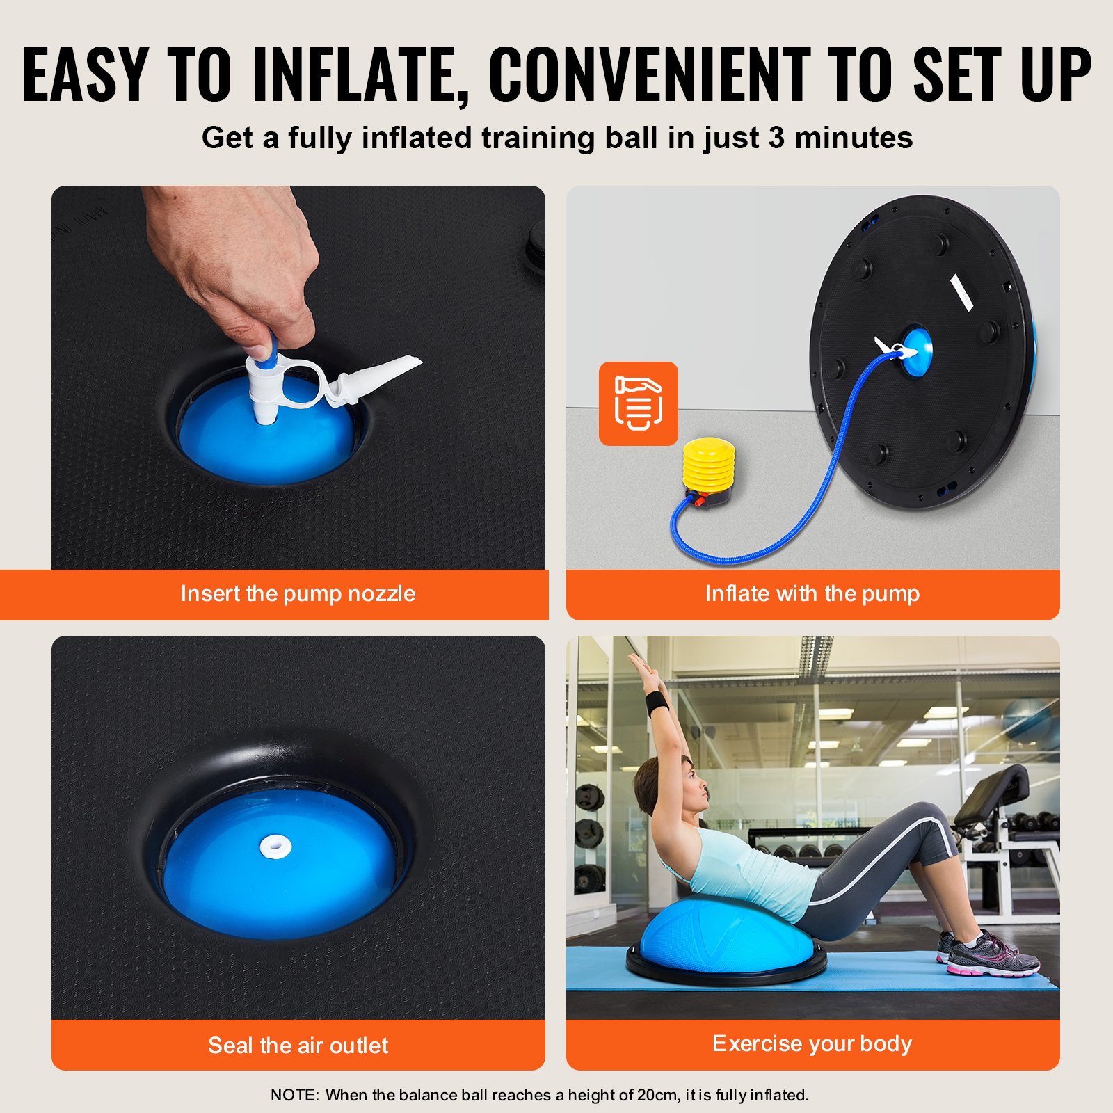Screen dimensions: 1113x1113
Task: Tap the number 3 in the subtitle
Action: (776, 138)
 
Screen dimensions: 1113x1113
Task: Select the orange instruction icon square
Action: (638, 403)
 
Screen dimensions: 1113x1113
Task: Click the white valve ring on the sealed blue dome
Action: (275, 847)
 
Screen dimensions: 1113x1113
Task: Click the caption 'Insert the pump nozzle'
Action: (298, 593)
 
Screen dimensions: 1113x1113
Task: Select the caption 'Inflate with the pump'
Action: (812, 593)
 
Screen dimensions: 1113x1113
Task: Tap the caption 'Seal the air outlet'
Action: (298, 1045)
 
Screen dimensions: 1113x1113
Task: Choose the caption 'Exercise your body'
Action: (812, 1043)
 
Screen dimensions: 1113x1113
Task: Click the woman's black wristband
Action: (657, 703)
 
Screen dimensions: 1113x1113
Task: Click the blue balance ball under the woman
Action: (723, 932)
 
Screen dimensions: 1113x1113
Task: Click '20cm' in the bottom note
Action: (657, 1095)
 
